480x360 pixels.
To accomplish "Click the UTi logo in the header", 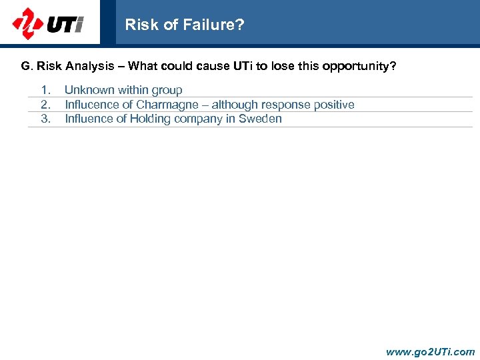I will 48,24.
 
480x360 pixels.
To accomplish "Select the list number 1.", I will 46,90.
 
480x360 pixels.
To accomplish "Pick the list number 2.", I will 46,105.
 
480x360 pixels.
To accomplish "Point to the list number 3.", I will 46,119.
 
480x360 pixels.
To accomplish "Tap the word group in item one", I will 167,90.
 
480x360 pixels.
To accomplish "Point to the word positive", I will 333,105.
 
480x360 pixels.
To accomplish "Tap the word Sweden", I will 262,119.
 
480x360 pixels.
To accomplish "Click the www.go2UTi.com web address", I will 431,351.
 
